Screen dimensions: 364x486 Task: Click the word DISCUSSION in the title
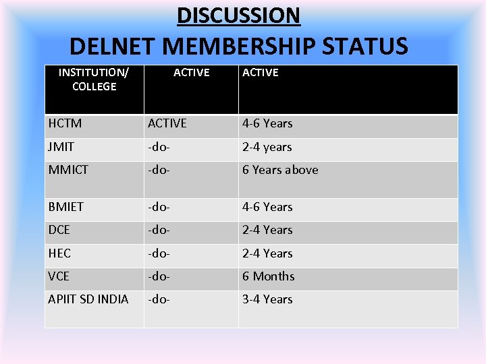click(x=238, y=15)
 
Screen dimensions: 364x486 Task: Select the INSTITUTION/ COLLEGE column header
click(x=94, y=79)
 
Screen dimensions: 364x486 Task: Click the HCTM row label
click(x=65, y=123)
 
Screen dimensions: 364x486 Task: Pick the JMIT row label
click(x=61, y=147)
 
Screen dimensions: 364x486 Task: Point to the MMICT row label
click(x=68, y=170)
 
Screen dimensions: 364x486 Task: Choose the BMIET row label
click(x=66, y=207)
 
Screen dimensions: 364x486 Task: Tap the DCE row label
click(x=59, y=230)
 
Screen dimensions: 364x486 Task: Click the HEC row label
click(x=59, y=253)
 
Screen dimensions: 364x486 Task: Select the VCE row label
click(x=59, y=276)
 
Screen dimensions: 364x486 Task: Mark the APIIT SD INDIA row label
click(x=88, y=299)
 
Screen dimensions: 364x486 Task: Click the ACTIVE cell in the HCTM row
click(x=167, y=123)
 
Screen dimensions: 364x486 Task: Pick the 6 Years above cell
click(x=280, y=170)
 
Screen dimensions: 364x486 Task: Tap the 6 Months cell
click(x=269, y=276)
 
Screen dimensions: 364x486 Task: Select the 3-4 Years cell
click(x=267, y=299)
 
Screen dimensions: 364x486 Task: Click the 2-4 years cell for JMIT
click(x=267, y=147)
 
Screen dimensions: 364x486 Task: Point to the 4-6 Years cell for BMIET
click(x=267, y=207)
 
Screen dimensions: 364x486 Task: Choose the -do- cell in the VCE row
click(x=160, y=276)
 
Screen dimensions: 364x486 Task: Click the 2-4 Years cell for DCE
click(x=267, y=230)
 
